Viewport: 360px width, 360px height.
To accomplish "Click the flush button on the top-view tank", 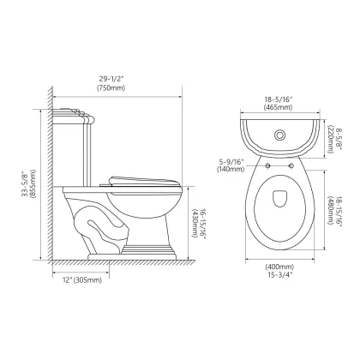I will pos(279,135).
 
